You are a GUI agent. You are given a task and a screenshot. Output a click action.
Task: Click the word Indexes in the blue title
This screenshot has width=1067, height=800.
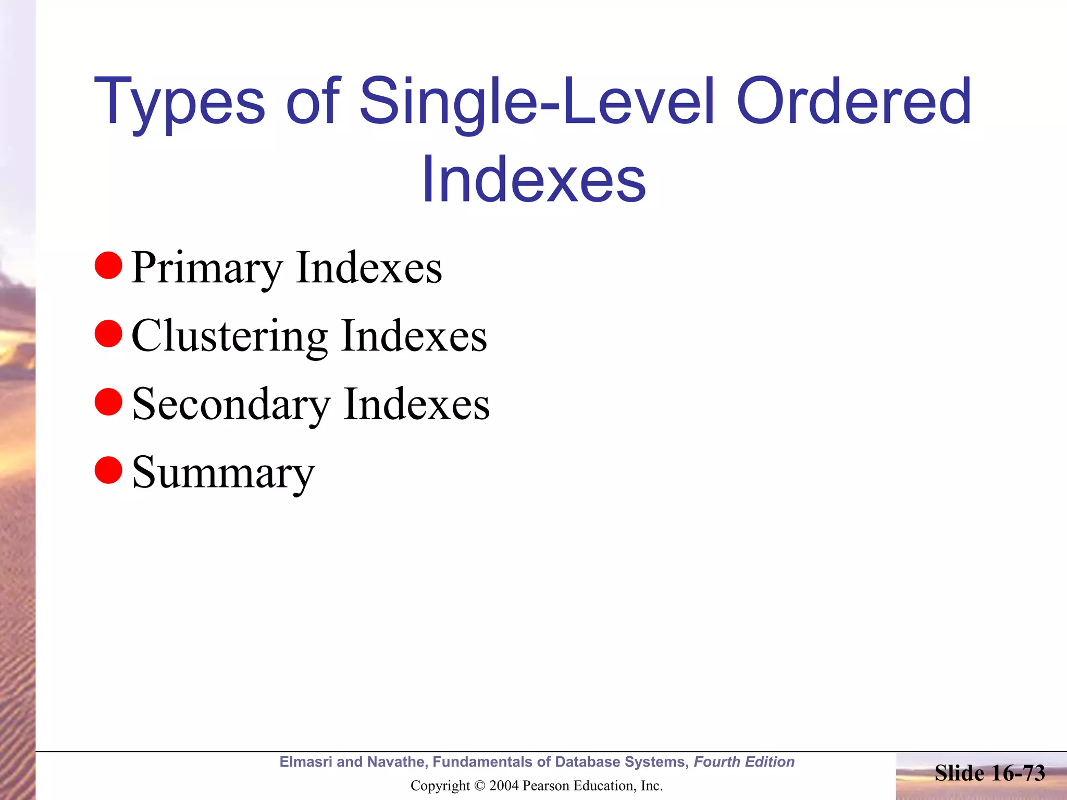pos(533,180)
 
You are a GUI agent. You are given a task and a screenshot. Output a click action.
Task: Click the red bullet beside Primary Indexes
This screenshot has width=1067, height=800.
pos(108,265)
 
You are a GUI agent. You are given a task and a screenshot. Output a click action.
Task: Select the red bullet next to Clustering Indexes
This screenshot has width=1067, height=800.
pos(108,333)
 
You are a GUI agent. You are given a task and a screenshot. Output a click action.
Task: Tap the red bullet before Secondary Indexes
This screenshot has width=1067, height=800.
pos(108,402)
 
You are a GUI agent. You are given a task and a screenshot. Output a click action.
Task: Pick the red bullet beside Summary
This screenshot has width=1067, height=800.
pos(108,470)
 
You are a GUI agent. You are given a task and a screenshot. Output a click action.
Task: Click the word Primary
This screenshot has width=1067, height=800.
pos(207,268)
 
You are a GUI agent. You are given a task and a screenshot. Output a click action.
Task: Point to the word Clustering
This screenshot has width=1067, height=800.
pos(229,336)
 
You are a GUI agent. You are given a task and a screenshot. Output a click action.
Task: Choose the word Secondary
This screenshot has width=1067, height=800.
pos(231,405)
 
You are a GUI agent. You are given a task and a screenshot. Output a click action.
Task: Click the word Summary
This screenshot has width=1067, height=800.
pos(223,473)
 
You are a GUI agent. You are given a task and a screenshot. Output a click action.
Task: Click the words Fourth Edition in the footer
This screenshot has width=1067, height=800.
pos(744,762)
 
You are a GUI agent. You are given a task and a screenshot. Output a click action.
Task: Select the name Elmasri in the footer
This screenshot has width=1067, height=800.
pos(305,762)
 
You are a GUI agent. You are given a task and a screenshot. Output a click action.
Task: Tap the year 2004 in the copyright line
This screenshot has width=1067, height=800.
pos(503,786)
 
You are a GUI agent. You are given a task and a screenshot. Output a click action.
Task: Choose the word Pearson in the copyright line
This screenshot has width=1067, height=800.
pos(544,786)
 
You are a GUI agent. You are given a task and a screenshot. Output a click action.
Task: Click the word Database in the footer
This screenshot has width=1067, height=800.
pos(588,762)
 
